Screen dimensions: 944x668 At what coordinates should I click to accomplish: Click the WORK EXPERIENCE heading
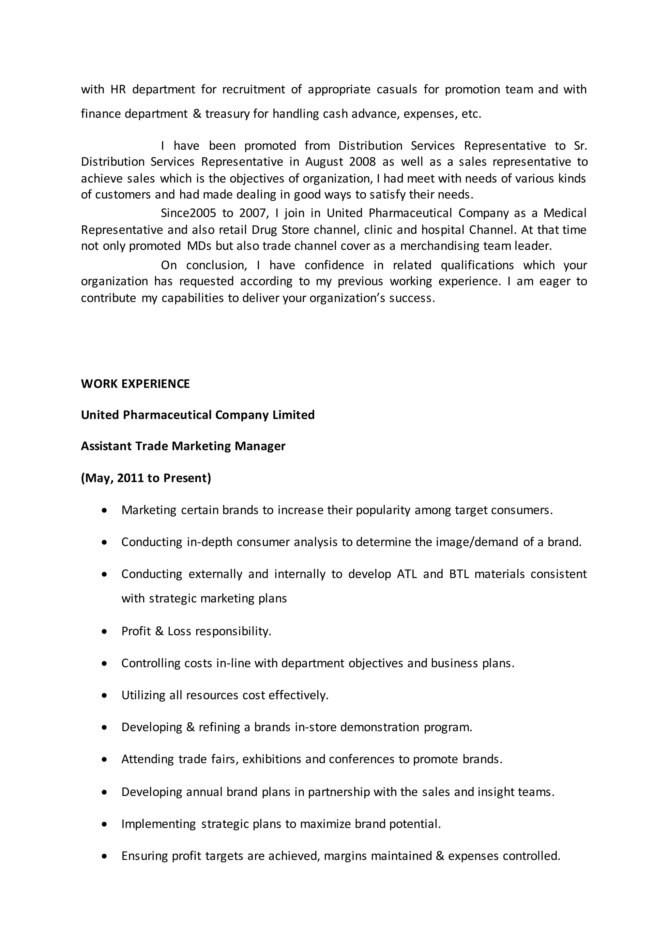pyautogui.click(x=135, y=384)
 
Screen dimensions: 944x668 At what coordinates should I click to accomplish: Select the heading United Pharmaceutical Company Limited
pyautogui.click(x=197, y=415)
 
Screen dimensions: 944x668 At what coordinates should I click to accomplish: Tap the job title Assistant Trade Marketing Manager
pyautogui.click(x=183, y=446)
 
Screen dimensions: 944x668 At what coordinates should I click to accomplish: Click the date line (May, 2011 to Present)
pyautogui.click(x=146, y=478)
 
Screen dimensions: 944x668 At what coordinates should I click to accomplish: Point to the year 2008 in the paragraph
pyautogui.click(x=362, y=162)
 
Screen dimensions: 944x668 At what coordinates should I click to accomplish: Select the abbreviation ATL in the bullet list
pyautogui.click(x=407, y=574)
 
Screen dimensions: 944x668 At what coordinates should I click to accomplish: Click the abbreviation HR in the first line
pyautogui.click(x=118, y=89)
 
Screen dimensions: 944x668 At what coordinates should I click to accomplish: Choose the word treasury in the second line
pyautogui.click(x=227, y=114)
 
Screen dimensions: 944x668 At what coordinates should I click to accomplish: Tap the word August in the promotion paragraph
pyautogui.click(x=324, y=162)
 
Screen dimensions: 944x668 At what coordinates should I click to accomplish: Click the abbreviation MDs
pyautogui.click(x=199, y=246)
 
